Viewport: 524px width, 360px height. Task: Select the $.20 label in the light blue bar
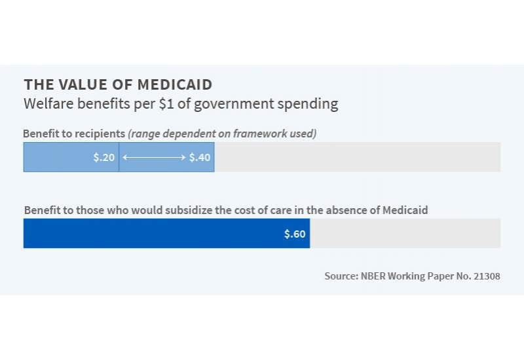pyautogui.click(x=103, y=158)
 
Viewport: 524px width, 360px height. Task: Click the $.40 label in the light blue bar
pyautogui.click(x=200, y=158)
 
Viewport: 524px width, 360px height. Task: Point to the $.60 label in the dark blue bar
pyautogui.click(x=295, y=234)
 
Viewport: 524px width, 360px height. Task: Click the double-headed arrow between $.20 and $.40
pyautogui.click(x=155, y=158)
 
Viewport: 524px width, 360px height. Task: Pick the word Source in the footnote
pyautogui.click(x=341, y=276)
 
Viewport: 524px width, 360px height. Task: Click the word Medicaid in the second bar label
pyautogui.click(x=406, y=210)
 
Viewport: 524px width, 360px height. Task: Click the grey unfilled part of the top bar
pyautogui.click(x=357, y=158)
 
